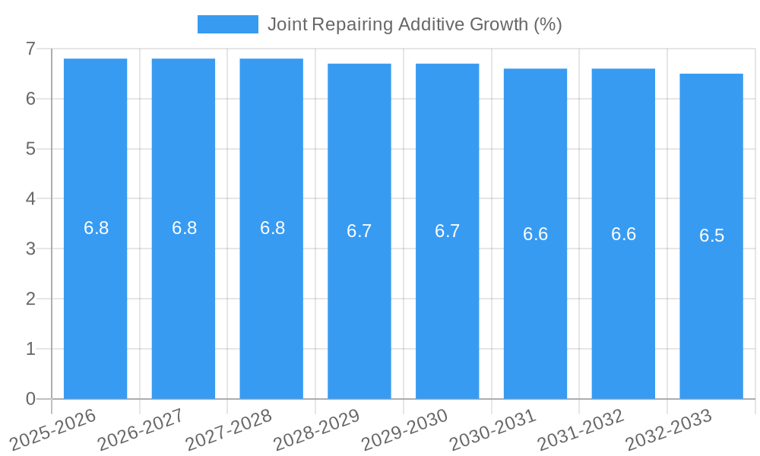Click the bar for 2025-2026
pos(95,304)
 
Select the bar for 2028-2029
pos(359,304)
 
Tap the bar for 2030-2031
pos(535,304)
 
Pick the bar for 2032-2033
pos(711,304)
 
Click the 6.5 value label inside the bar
pos(711,236)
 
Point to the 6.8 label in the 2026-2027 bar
pos(184,228)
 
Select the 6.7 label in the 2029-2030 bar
pos(447,231)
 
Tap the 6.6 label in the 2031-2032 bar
pos(623,234)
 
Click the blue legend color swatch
pos(227,24)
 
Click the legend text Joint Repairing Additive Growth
pos(414,24)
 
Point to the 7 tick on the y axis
pos(30,49)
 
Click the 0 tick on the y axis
pos(30,399)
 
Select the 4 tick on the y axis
pos(30,199)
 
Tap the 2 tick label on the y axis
pos(30,299)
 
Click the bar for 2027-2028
pos(271,304)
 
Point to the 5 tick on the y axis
pos(30,149)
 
